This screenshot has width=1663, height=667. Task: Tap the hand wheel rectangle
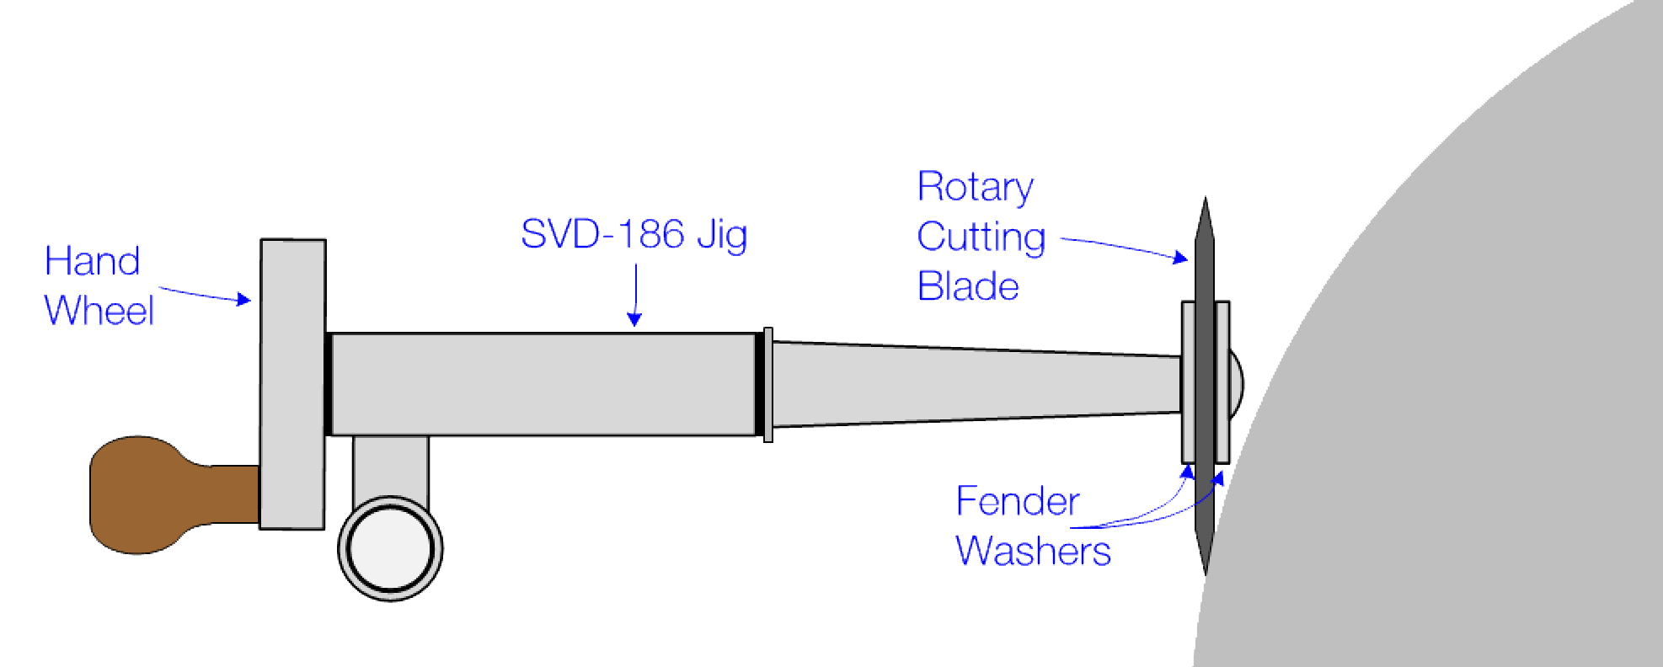point(292,384)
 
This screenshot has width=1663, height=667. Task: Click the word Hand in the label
point(92,262)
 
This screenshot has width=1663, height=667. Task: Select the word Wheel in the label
point(99,312)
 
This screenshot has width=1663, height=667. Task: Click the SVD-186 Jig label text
point(634,234)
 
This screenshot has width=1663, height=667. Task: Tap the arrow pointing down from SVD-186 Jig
point(634,295)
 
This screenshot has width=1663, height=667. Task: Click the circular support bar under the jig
point(391,548)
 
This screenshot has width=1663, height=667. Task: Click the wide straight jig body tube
point(543,385)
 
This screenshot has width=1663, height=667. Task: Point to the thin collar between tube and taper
point(767,385)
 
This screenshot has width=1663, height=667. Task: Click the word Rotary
point(975,187)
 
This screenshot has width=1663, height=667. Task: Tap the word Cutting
point(981,237)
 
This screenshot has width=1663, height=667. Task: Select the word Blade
point(968,287)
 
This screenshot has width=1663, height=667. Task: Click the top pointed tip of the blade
point(1206,207)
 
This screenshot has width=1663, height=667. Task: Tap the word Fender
point(1018,503)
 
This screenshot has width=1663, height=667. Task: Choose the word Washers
point(1033,552)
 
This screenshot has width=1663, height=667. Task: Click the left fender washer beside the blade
point(1188,382)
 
